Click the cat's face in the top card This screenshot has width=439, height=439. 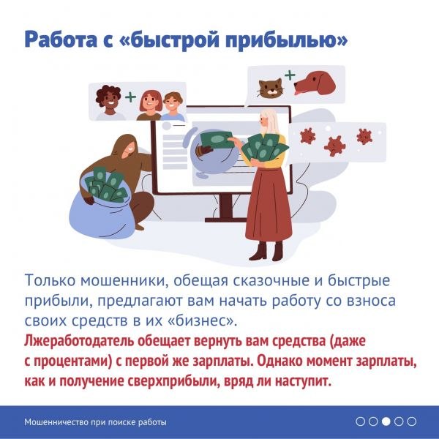click(269, 88)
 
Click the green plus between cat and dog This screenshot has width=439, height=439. click(290, 75)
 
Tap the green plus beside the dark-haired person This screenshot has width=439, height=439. click(130, 97)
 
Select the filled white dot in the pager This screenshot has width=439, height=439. click(386, 421)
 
